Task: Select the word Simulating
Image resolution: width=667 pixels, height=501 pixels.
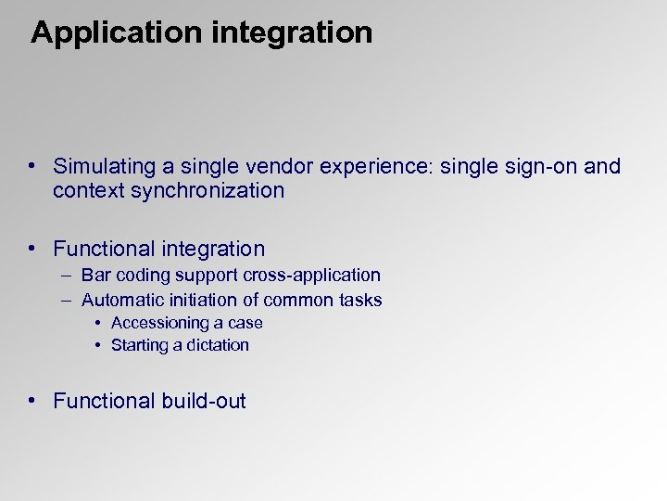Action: point(105,167)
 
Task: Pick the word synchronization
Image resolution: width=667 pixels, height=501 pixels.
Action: point(208,191)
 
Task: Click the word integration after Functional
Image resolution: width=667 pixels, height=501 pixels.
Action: point(213,249)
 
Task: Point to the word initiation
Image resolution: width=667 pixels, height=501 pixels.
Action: point(196,300)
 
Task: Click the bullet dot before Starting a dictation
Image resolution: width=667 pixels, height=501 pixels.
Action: point(97,345)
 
